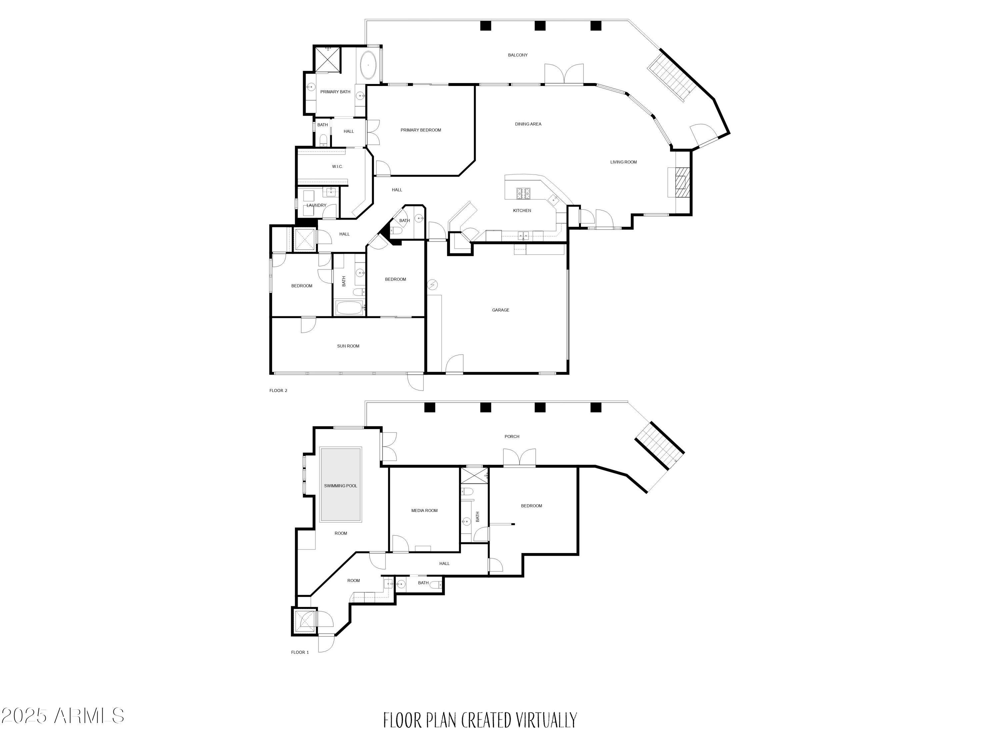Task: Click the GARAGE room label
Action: (x=500, y=310)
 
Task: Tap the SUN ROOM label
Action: (x=348, y=346)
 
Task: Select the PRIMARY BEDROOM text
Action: (x=420, y=130)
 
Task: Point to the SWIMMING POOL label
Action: (x=340, y=486)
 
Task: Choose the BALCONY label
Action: (x=518, y=55)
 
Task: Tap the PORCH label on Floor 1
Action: (x=512, y=437)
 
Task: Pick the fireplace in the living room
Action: (x=679, y=182)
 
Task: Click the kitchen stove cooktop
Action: (x=524, y=193)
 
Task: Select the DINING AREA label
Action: (x=528, y=124)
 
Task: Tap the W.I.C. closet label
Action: (x=337, y=167)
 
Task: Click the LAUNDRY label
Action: (x=316, y=205)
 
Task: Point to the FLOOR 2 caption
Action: (x=278, y=391)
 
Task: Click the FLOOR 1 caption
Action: (x=300, y=652)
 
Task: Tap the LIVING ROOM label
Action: (x=623, y=162)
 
